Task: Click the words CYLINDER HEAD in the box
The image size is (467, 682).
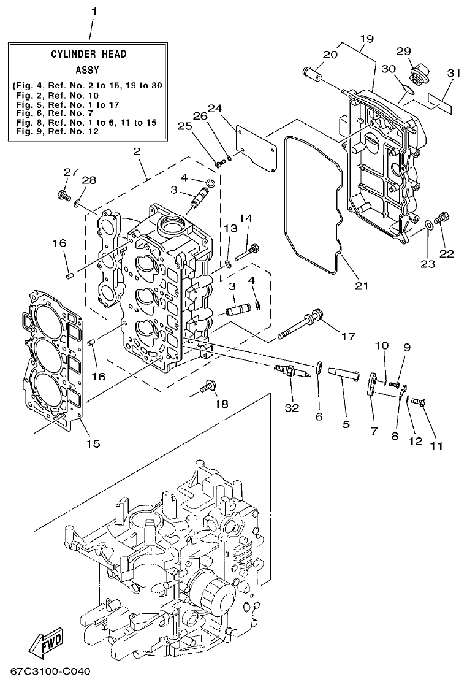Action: tap(89, 54)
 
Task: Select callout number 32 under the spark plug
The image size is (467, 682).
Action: tap(293, 407)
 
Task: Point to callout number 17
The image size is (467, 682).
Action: tap(348, 336)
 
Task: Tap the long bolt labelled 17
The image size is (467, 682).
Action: tap(300, 326)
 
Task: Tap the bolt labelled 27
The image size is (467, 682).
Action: tap(63, 196)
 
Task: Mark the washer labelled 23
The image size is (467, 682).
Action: tap(428, 228)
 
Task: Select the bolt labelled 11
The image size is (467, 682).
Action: tap(419, 402)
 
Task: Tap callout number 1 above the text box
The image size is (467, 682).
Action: tap(94, 12)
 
